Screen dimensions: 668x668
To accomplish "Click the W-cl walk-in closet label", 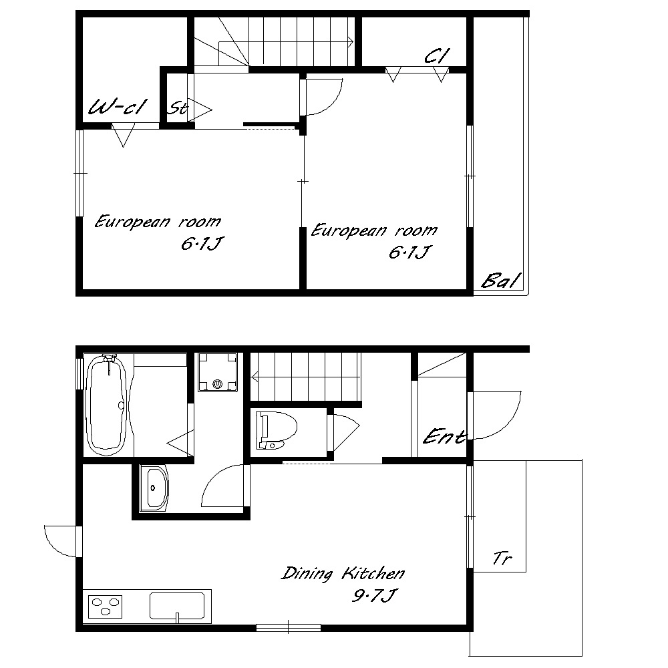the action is [x=118, y=106].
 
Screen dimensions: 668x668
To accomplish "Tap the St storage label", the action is [x=177, y=108].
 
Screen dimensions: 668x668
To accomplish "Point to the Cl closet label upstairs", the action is [x=437, y=55].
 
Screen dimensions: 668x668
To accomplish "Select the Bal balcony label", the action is [x=501, y=281].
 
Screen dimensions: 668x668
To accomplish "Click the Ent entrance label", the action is [x=444, y=437].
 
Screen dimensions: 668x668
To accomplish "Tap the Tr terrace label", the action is [x=502, y=558].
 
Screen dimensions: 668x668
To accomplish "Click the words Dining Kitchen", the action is [x=343, y=573].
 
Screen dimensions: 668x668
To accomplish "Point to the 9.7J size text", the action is [x=374, y=595].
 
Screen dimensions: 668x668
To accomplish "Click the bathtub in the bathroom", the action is [x=106, y=404].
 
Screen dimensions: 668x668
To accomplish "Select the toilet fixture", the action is [x=276, y=430].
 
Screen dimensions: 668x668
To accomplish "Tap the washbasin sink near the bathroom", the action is [x=154, y=488].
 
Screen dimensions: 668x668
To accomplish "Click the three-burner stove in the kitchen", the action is [x=106, y=607].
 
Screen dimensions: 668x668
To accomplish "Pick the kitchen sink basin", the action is [x=177, y=605].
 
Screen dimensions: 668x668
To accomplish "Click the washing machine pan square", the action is [x=218, y=372].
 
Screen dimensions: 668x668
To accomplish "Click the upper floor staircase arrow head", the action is [x=351, y=41].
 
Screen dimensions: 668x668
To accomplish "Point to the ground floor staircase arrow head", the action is [x=255, y=377].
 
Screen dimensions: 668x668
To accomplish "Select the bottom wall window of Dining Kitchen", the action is [x=289, y=627].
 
